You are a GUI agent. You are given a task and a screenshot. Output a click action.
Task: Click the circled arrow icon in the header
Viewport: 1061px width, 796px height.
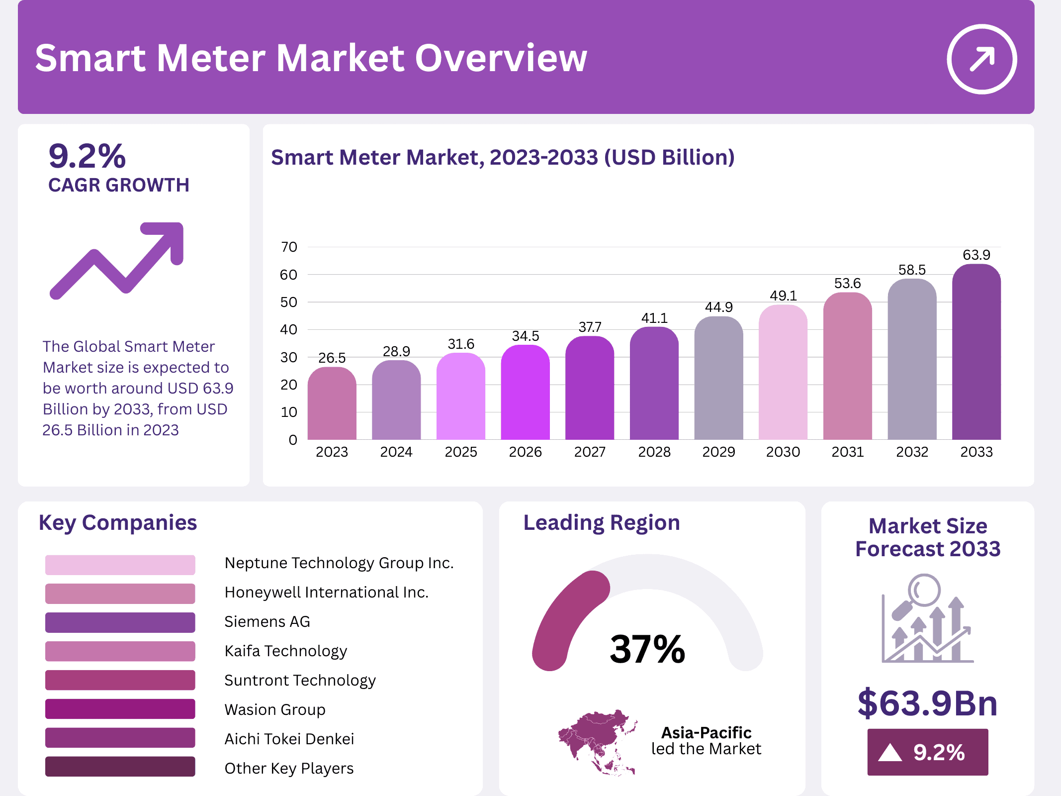click(981, 59)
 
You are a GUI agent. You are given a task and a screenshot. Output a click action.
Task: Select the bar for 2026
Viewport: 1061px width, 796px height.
click(525, 393)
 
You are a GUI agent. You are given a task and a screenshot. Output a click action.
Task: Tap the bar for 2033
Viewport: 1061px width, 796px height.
click(976, 353)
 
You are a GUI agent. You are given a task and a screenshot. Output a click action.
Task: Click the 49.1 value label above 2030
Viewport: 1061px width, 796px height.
click(783, 296)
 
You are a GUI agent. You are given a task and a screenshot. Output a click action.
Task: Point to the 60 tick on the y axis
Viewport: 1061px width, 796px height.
click(288, 275)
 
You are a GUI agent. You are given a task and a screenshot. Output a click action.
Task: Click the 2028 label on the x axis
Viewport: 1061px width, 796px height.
click(654, 452)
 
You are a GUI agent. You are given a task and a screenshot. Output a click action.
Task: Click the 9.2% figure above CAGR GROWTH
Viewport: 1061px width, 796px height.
click(88, 156)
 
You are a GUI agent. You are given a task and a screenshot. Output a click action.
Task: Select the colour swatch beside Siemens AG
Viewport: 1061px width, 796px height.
click(120, 622)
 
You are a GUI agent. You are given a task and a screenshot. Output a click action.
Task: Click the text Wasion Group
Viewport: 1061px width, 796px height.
click(275, 709)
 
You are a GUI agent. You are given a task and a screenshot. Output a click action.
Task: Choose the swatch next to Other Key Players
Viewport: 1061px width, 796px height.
click(120, 767)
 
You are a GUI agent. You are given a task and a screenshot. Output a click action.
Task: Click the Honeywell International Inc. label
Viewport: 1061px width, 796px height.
click(326, 592)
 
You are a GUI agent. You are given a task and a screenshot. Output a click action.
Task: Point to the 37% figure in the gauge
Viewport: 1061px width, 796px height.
click(647, 649)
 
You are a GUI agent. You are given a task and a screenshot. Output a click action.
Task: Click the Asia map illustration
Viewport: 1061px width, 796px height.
click(597, 741)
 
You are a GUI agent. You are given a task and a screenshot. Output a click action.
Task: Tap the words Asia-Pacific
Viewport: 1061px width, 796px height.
click(706, 732)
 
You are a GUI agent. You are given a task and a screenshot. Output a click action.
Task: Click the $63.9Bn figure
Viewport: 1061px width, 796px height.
click(927, 703)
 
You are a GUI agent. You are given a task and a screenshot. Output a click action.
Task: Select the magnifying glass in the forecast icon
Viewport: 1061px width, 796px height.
click(920, 595)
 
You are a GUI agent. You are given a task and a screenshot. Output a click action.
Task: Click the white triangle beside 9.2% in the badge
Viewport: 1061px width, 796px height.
click(889, 753)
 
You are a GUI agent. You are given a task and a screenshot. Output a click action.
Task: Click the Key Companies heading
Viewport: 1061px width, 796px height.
click(118, 523)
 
